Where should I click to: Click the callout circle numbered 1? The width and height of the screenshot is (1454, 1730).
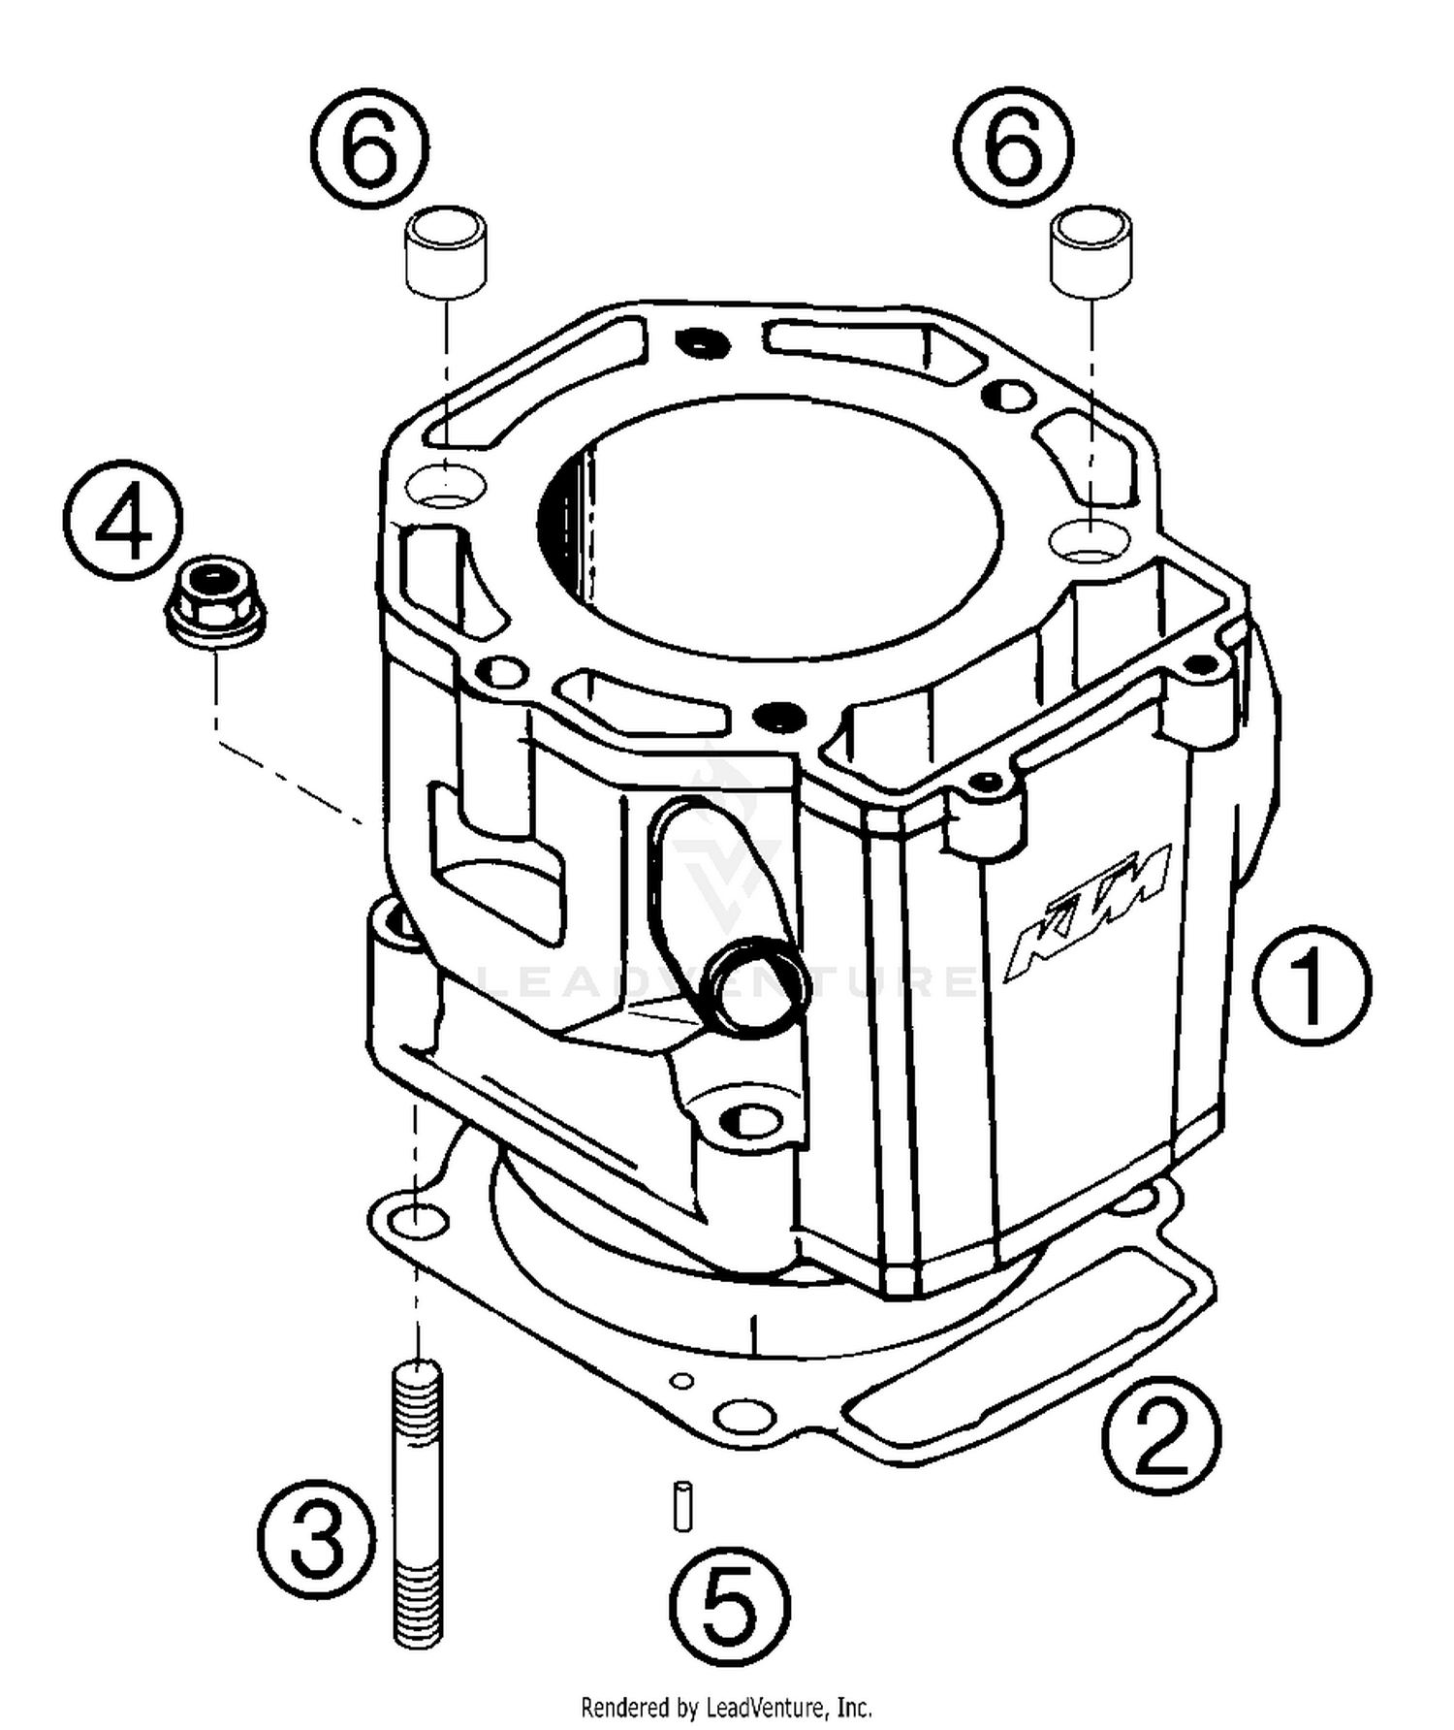[x=1311, y=983]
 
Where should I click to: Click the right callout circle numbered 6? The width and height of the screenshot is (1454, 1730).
[x=1013, y=146]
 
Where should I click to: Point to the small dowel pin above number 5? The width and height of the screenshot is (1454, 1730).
[x=682, y=1504]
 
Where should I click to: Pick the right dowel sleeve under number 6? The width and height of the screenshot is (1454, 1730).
[x=1091, y=248]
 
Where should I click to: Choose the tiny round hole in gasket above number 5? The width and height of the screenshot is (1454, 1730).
[x=683, y=1380]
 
